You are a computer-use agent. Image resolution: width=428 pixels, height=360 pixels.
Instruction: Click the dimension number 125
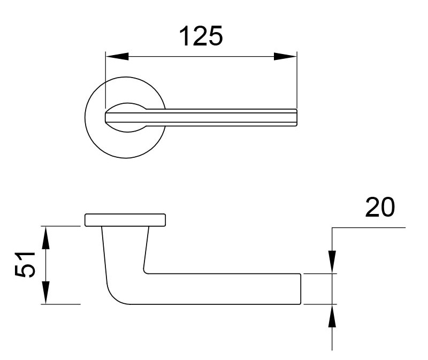[x=200, y=37]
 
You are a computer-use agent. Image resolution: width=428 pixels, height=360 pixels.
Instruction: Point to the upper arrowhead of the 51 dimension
[x=46, y=238]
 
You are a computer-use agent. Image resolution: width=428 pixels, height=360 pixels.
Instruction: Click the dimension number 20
[x=379, y=208]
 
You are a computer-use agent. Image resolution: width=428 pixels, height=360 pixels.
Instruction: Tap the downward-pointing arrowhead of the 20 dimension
[x=333, y=262]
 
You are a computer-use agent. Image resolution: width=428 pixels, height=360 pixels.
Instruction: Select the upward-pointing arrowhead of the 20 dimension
[x=333, y=316]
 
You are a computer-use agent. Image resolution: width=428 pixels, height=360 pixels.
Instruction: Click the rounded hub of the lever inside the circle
[x=125, y=117]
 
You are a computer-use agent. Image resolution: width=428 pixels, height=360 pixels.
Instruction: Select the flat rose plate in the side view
[x=125, y=220]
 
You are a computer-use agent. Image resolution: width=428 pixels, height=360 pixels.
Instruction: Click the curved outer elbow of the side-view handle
[x=114, y=294]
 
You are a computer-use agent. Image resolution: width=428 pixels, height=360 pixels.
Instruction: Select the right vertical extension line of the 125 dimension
[x=296, y=80]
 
